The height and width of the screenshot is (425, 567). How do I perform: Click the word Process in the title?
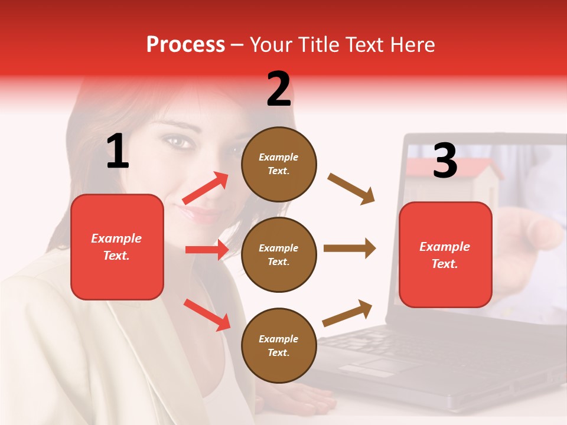pyautogui.click(x=185, y=45)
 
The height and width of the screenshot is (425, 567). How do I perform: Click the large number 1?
pyautogui.click(x=118, y=152)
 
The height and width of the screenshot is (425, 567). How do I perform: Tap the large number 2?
pyautogui.click(x=279, y=89)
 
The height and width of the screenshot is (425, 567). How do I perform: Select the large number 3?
pyautogui.click(x=445, y=161)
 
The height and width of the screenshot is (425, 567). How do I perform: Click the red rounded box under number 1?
pyautogui.click(x=117, y=247)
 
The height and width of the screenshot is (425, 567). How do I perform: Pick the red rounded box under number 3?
pyautogui.click(x=445, y=255)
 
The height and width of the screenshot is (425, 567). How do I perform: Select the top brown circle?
pyautogui.click(x=279, y=164)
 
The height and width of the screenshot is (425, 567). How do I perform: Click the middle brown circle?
pyautogui.click(x=279, y=254)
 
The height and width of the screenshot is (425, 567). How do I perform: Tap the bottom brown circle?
pyautogui.click(x=279, y=345)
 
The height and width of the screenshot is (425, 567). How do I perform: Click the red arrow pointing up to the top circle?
pyautogui.click(x=206, y=188)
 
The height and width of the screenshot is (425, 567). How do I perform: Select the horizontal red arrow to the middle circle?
pyautogui.click(x=207, y=250)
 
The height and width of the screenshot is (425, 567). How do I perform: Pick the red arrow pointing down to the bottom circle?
pyautogui.click(x=207, y=315)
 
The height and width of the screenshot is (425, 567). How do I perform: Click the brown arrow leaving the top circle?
pyautogui.click(x=351, y=189)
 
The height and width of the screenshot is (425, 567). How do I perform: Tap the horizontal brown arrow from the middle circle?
pyautogui.click(x=349, y=249)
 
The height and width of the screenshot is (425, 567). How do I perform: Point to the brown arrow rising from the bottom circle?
pyautogui.click(x=348, y=313)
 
